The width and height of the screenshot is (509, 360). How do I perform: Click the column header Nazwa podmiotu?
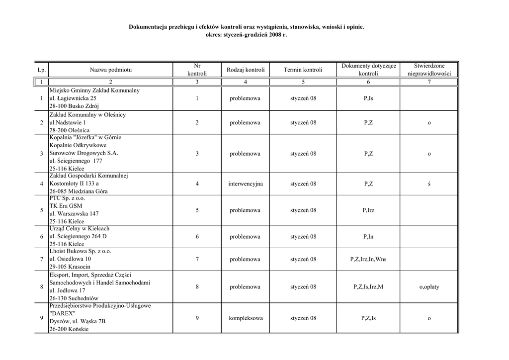110,70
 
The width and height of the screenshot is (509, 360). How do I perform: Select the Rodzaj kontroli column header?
245,70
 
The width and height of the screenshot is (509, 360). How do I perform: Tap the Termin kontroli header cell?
303,70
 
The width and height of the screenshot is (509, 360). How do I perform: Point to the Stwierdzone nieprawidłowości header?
429,70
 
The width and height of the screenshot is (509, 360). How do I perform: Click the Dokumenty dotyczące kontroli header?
368,70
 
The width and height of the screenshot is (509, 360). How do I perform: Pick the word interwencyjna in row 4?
245,184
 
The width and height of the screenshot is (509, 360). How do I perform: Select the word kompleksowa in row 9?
245,318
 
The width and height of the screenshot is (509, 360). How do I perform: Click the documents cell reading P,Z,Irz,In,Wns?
368,260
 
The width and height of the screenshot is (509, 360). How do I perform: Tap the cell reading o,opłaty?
429,287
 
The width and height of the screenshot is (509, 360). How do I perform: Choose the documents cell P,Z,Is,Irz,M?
368,287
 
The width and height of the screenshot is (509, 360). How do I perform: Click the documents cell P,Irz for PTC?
368,210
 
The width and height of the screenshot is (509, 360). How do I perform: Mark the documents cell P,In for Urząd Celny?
368,237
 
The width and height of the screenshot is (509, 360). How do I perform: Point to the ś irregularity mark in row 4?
429,184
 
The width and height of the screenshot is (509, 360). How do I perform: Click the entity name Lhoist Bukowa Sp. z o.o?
80,252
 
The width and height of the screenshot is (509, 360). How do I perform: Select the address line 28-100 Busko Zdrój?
74,106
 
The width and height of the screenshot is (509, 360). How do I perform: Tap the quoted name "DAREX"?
62,314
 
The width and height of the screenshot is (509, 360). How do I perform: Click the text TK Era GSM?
66,206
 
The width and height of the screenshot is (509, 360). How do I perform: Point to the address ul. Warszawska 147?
74,214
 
